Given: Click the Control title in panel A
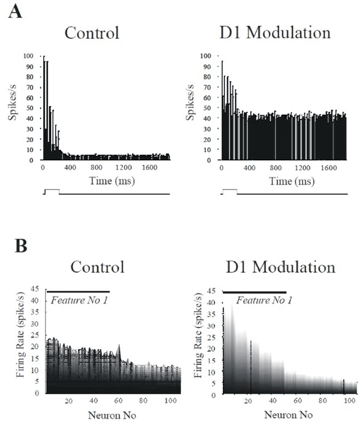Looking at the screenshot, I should [92, 32].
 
